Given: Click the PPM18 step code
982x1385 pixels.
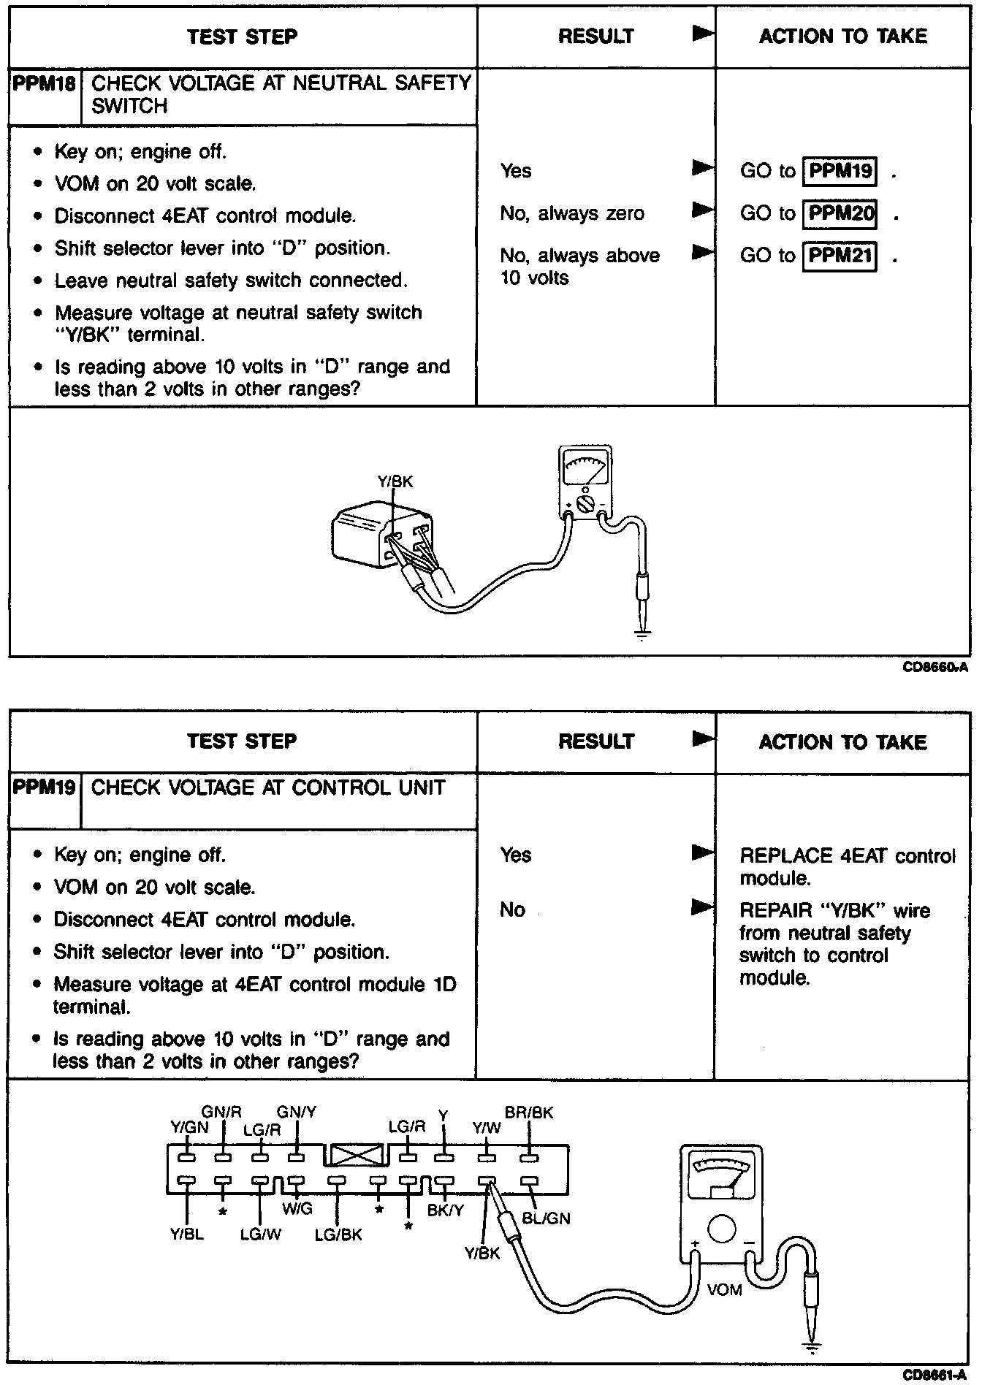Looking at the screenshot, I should tap(45, 83).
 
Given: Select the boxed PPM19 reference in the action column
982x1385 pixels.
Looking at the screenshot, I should tap(840, 171).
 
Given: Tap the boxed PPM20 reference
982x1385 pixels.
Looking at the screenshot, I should tap(840, 213).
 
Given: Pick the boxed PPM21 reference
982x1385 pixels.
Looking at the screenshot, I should tap(840, 256).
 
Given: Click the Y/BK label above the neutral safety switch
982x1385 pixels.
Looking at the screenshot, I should tap(395, 481).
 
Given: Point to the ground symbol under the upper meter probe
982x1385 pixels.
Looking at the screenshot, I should tap(642, 635).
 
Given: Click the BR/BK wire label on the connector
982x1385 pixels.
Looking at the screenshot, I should tap(529, 1113).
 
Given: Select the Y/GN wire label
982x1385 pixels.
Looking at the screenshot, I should tap(189, 1127).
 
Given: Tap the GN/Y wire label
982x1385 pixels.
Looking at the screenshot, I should tap(297, 1112).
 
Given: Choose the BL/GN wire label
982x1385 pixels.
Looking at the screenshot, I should tap(547, 1218).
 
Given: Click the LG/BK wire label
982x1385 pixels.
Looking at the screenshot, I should tap(338, 1235).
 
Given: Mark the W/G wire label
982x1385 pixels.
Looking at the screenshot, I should tap(297, 1209).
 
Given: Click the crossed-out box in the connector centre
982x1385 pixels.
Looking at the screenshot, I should tap(357, 1155).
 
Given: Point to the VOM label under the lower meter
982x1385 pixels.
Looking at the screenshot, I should tap(724, 1290).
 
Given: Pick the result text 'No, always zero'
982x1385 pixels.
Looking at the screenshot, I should tap(572, 213).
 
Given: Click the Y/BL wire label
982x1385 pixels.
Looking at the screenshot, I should tap(187, 1235).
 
